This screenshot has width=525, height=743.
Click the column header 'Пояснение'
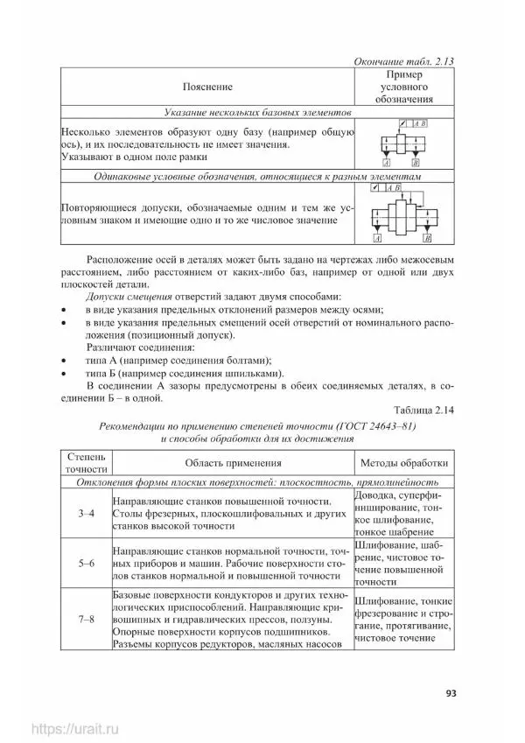pyautogui.click(x=207, y=88)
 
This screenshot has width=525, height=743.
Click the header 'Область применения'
pyautogui.click(x=231, y=463)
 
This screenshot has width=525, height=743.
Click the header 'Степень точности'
pyautogui.click(x=85, y=463)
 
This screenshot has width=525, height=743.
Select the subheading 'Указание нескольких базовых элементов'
pyautogui.click(x=257, y=113)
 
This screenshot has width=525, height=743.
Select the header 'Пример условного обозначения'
pyautogui.click(x=404, y=88)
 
